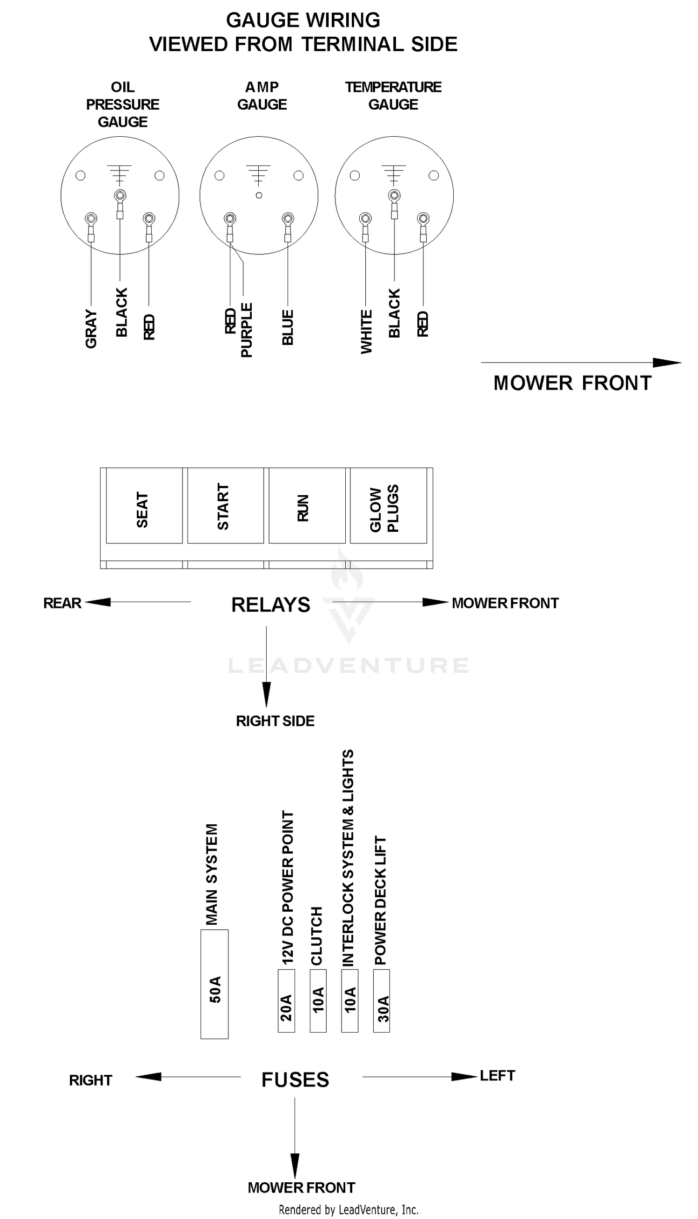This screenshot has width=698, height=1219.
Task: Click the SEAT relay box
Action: tap(144, 505)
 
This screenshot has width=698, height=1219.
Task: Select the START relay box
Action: tap(225, 505)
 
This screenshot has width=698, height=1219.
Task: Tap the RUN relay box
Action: tap(307, 505)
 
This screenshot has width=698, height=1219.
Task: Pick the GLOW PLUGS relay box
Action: tap(388, 505)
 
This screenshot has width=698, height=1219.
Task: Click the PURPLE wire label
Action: tap(247, 330)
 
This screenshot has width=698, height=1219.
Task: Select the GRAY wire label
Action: tap(91, 329)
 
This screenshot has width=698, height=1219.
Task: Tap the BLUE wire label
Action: tap(288, 327)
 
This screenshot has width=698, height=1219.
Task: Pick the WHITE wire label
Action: tap(366, 332)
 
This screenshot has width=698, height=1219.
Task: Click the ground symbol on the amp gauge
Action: tap(258, 175)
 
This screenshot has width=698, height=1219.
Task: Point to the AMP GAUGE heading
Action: tap(262, 96)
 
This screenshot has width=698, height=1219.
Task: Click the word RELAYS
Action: tap(271, 604)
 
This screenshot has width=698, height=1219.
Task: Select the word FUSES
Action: tap(295, 1080)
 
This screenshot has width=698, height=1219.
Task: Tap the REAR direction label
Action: tap(62, 603)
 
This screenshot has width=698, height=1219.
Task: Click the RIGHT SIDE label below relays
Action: tap(275, 721)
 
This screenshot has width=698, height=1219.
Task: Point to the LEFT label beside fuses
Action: tap(497, 1075)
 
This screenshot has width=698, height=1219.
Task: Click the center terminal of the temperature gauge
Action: tap(394, 195)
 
